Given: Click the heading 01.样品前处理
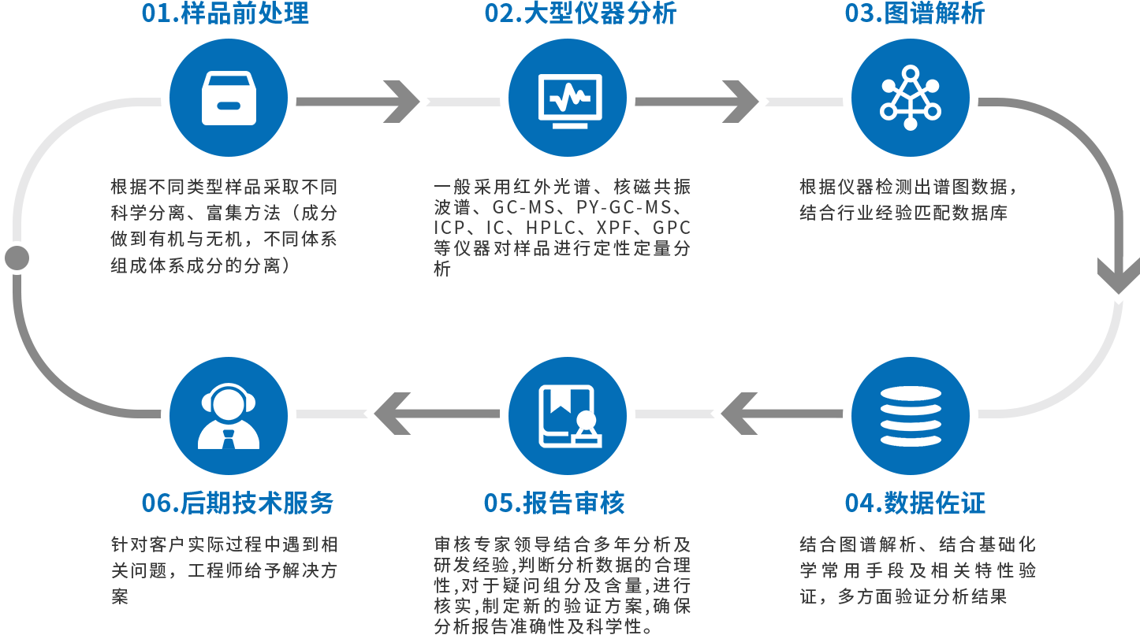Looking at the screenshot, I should coord(225,13).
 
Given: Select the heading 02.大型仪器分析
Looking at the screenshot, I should coord(580,13).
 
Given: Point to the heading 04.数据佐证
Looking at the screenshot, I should coord(915,503).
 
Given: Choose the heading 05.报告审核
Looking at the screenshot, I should coord(554,503).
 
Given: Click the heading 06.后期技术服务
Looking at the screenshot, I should coord(237,503).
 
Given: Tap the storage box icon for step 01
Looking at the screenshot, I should coord(229,98).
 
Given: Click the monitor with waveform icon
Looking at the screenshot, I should coord(568,98).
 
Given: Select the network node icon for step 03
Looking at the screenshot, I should coord(911,98).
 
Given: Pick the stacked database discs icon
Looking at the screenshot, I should coord(911,416).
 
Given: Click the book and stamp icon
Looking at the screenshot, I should coord(568,416).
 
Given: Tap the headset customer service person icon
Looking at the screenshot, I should coord(229,416).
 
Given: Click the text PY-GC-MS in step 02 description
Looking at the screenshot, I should coord(624,209).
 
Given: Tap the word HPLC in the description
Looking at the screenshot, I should coord(550,228).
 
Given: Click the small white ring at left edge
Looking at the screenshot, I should coord(16,258).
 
